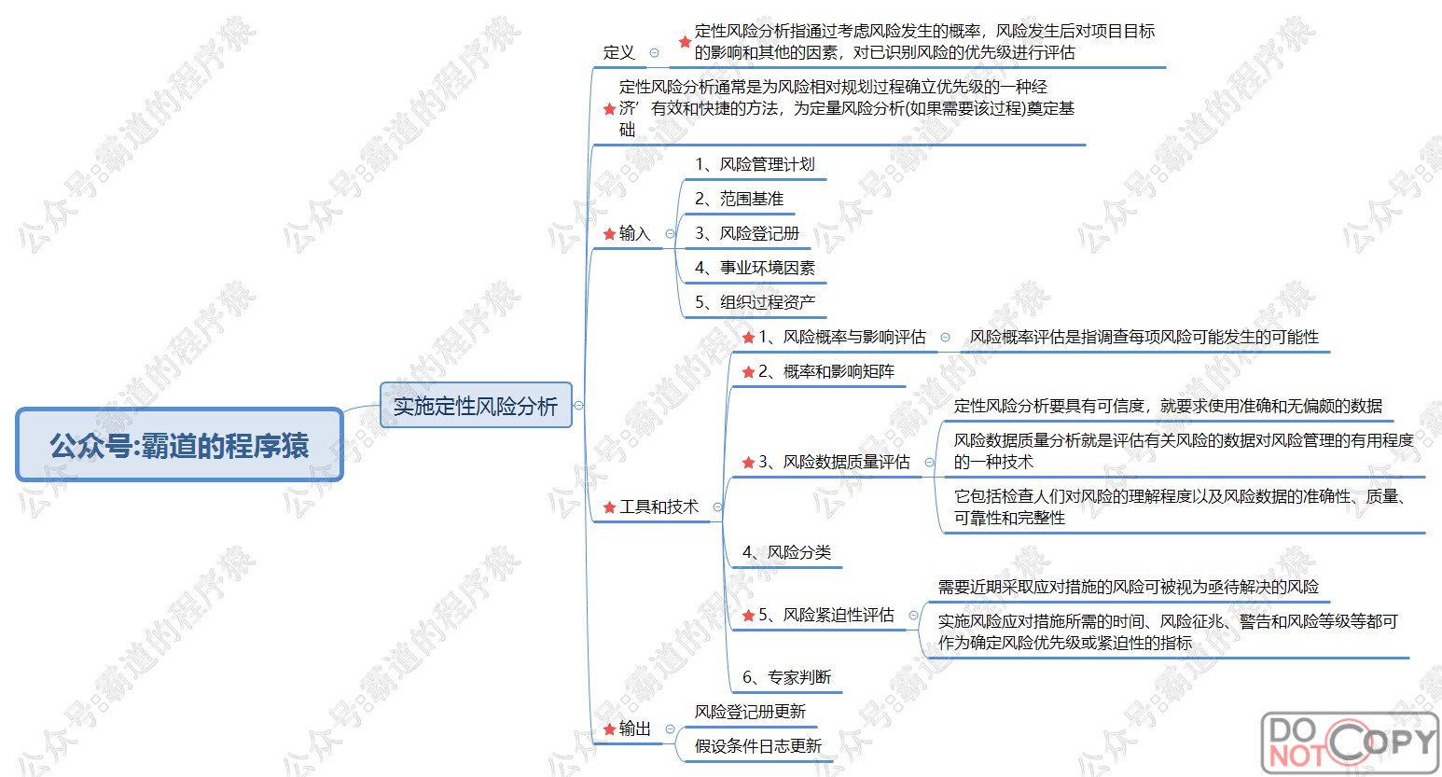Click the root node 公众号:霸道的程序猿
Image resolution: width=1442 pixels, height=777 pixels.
coord(179,445)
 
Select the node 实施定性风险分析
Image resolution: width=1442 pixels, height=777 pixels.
coord(475,406)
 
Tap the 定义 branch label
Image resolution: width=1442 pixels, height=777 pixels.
coord(618,52)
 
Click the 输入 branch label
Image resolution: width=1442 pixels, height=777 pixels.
coord(634,233)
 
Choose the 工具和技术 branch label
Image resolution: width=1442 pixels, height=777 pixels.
coord(659,506)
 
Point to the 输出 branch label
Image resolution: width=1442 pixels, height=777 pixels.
coord(634,728)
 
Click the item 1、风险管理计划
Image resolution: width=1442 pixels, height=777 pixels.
coord(755,164)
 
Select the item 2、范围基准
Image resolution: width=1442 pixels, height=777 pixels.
coord(739,199)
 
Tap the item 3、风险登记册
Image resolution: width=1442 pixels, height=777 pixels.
coord(747,233)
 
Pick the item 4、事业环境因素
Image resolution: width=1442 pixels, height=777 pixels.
coord(755,268)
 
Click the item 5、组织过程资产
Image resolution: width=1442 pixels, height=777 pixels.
coord(755,302)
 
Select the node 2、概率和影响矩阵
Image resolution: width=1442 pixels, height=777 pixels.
coord(825,371)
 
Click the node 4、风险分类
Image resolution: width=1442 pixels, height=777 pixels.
coord(786,552)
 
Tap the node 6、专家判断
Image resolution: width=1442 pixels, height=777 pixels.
coord(786,677)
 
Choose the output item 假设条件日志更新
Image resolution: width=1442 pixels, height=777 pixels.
coord(757,746)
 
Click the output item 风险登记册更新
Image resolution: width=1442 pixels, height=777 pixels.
coord(750,712)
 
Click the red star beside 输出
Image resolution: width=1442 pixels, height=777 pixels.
coord(610,728)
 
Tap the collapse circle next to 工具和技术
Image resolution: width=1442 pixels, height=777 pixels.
coord(717,507)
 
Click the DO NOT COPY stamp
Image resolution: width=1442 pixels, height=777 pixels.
coord(1349,742)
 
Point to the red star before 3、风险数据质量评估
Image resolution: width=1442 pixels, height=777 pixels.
coord(748,463)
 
